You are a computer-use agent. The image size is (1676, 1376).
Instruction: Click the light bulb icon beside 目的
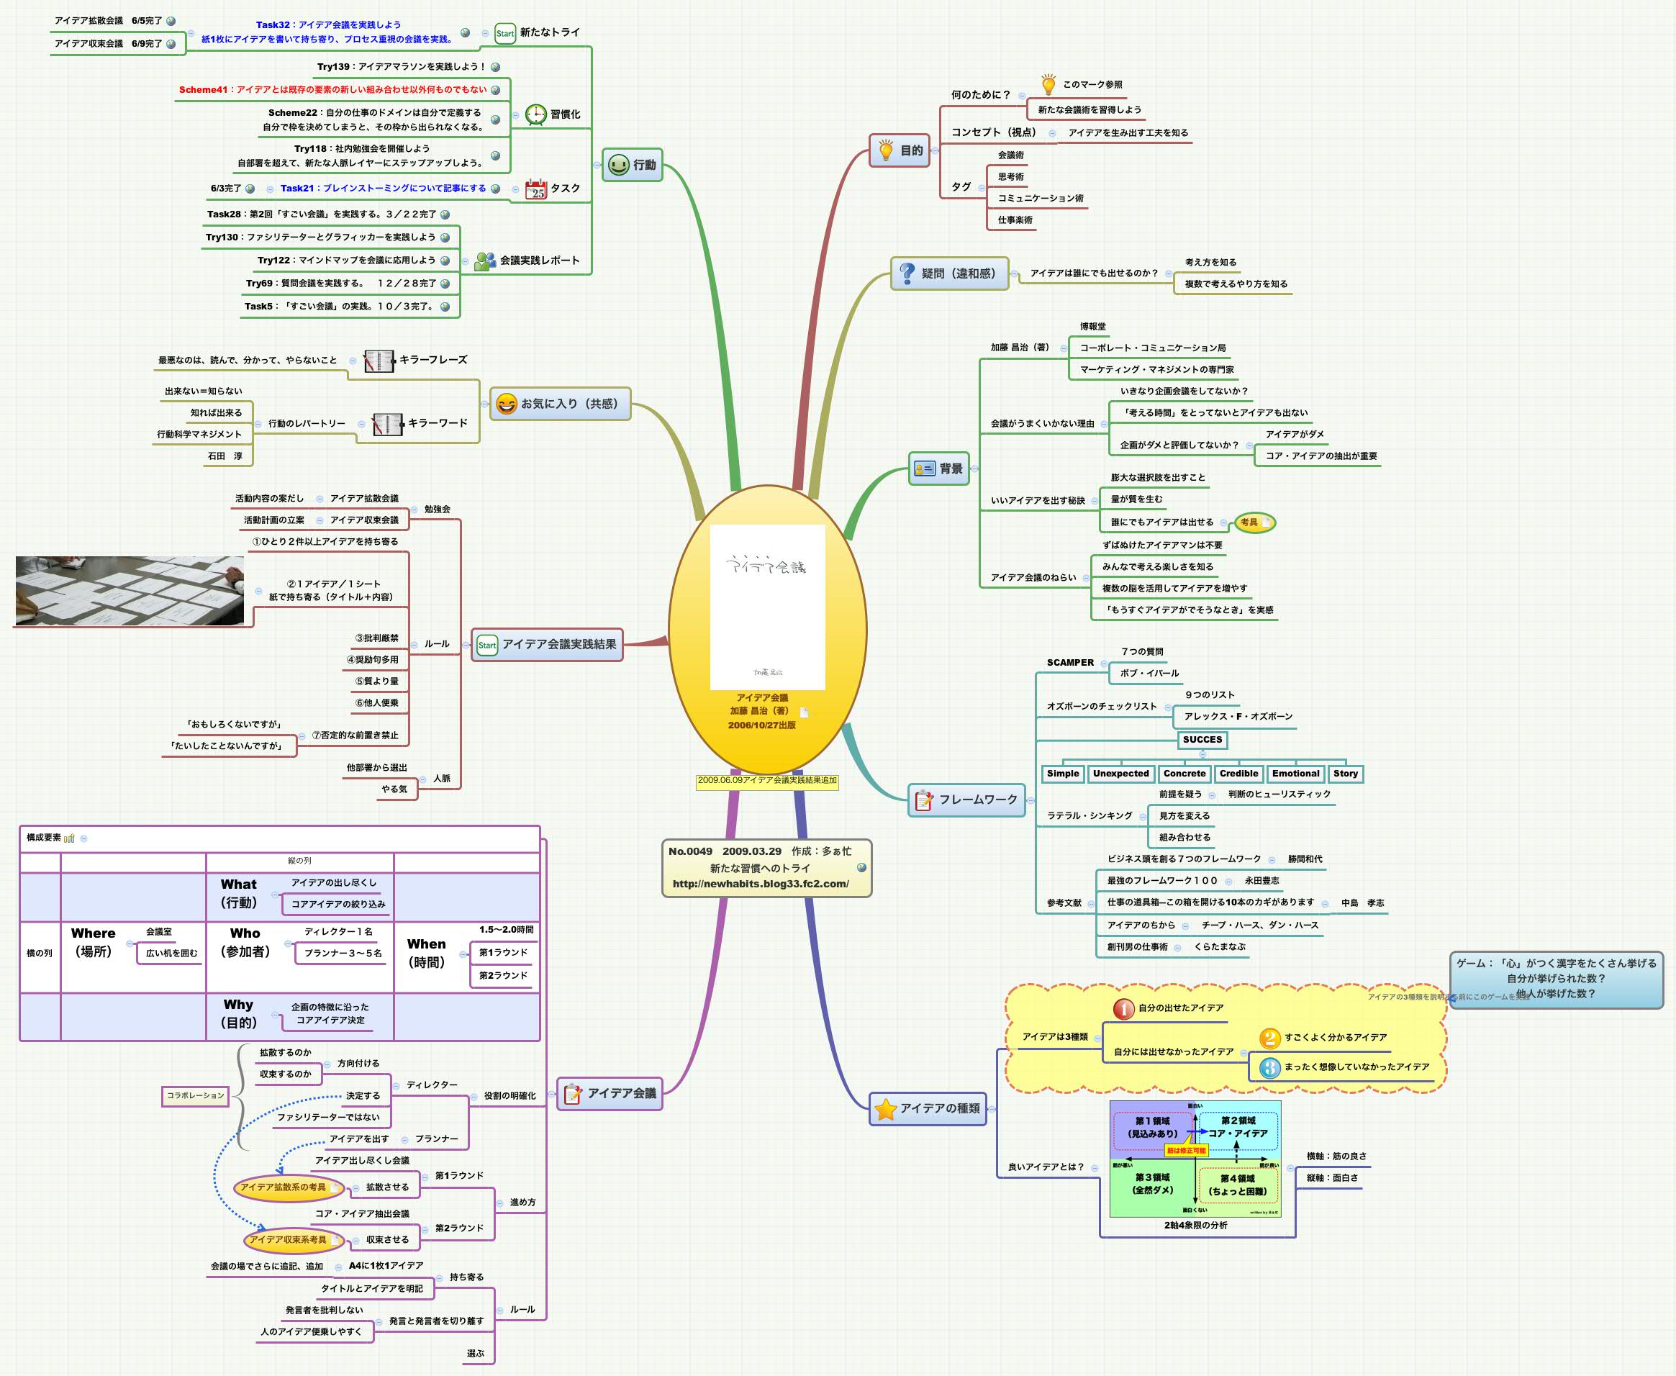886,150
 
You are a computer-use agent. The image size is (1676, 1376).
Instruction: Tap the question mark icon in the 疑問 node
907,273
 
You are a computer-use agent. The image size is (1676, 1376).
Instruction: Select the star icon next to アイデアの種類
885,1109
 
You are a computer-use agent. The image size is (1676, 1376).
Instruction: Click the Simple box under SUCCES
1063,774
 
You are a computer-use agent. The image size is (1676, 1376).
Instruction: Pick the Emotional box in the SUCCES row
1295,774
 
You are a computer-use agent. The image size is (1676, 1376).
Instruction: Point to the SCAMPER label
1070,663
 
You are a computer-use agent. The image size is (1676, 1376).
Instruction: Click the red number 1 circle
1123,1008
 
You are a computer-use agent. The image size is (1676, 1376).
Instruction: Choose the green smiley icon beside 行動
618,165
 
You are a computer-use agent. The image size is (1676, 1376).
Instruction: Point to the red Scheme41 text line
332,89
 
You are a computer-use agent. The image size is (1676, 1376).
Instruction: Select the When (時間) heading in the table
426,953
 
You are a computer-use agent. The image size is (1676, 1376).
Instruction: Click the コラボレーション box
195,1095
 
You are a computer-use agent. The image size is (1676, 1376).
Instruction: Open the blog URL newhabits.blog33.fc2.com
760,884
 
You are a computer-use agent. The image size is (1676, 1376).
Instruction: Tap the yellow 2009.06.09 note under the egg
766,781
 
